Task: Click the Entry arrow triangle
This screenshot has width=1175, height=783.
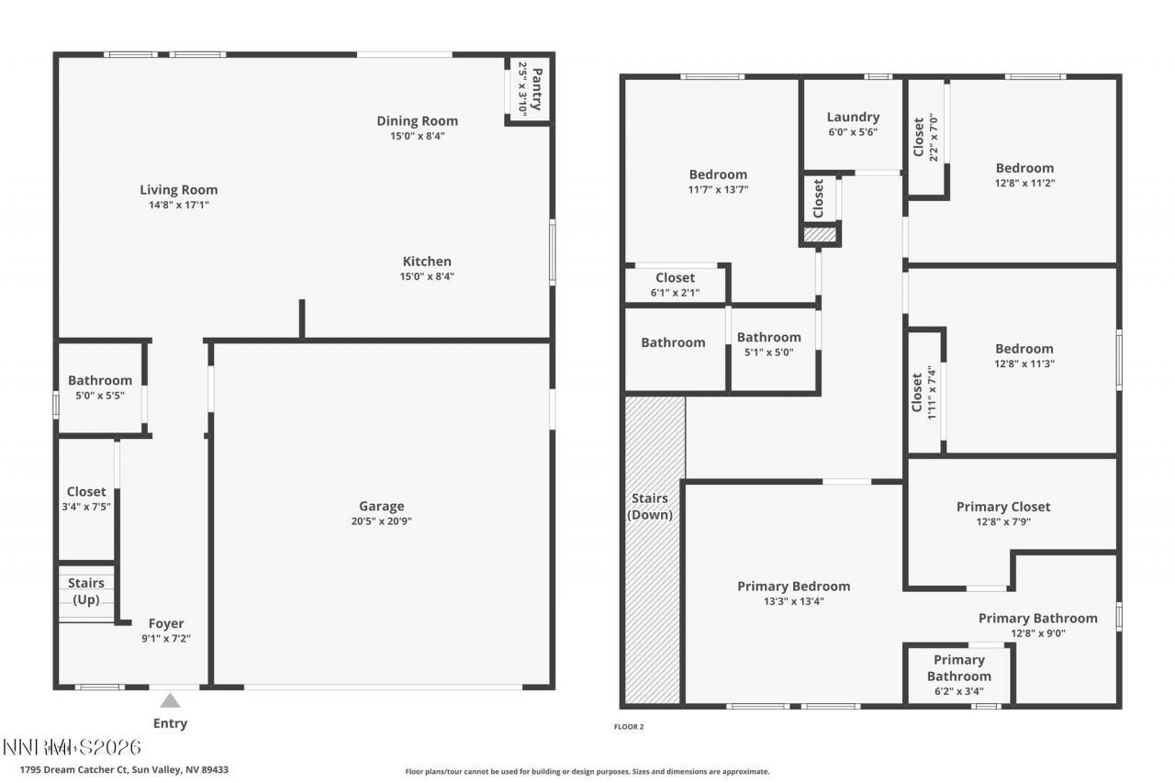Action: (171, 700)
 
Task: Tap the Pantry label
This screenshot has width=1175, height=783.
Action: (537, 89)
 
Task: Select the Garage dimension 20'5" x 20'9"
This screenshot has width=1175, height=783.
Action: (381, 521)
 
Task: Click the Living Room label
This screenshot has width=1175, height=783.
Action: (179, 190)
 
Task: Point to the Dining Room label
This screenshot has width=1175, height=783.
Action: (417, 121)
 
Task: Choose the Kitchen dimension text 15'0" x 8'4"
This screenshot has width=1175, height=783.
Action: (422, 276)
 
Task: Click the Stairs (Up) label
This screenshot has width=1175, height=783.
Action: (86, 590)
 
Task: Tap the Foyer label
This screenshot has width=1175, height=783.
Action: (166, 623)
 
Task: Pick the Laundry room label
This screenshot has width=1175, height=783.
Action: (853, 117)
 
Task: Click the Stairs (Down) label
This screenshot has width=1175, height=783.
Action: (650, 507)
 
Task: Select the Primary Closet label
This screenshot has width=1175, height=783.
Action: (1003, 507)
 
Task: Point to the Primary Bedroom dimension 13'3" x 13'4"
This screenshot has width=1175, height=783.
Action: (794, 601)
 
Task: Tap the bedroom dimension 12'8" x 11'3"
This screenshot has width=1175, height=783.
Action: (1024, 364)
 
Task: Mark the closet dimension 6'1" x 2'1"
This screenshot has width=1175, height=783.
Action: (676, 293)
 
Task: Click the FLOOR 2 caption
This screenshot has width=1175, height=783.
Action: (629, 727)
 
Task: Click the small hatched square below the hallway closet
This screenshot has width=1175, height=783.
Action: (820, 235)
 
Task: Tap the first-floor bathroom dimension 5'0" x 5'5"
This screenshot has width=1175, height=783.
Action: (100, 396)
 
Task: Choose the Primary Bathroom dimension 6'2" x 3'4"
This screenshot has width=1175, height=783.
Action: (959, 691)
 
